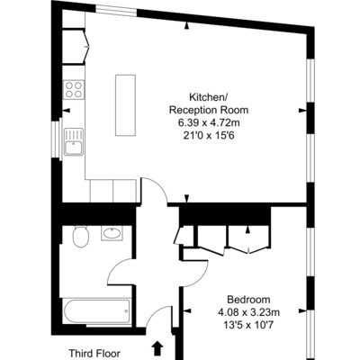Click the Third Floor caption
point(94,354)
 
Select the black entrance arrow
point(158,348)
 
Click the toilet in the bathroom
point(80,238)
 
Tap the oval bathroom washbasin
point(112,235)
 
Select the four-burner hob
point(73,90)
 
